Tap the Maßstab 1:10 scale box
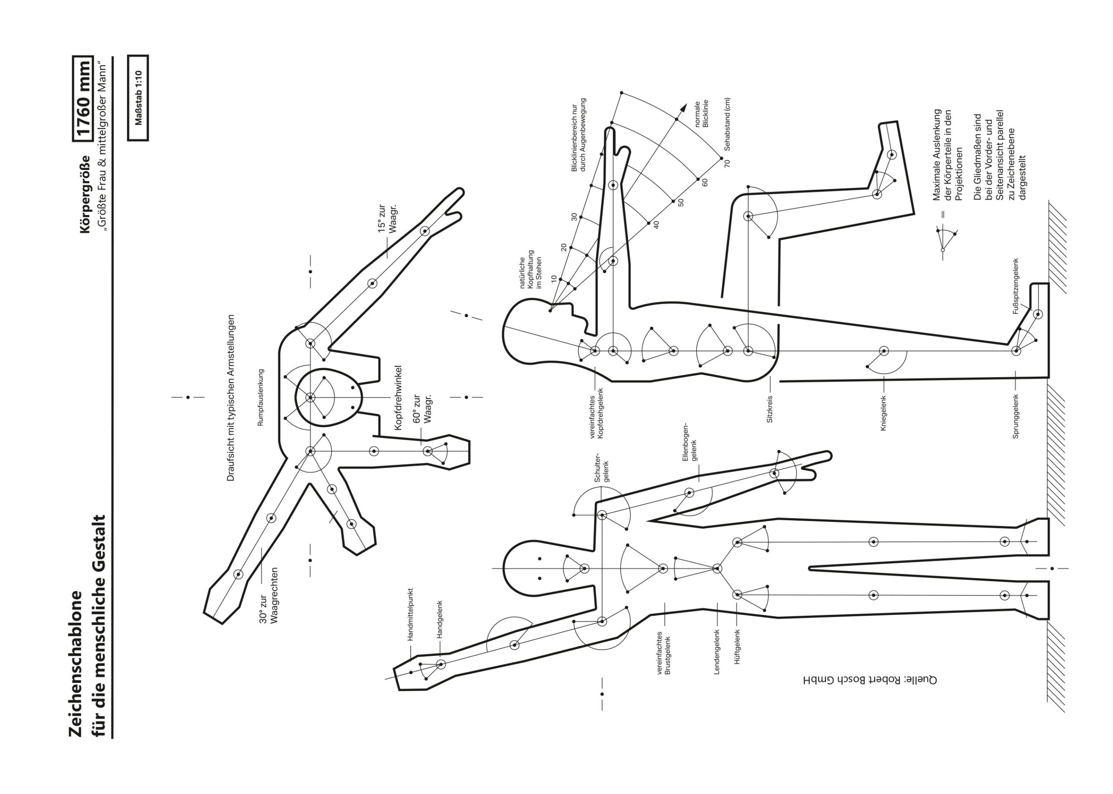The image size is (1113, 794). (138, 98)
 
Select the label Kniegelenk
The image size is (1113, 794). (883, 413)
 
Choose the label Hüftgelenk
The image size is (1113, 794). (737, 646)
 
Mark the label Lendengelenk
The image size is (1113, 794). (716, 652)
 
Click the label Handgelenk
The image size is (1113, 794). (439, 619)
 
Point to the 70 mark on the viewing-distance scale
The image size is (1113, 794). (727, 163)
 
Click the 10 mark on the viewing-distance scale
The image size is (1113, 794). (553, 279)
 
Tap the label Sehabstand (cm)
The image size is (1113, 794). (727, 124)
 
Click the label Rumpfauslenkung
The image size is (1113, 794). (260, 398)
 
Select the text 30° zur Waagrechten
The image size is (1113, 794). (269, 595)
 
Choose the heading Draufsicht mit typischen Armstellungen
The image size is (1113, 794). (231, 398)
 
